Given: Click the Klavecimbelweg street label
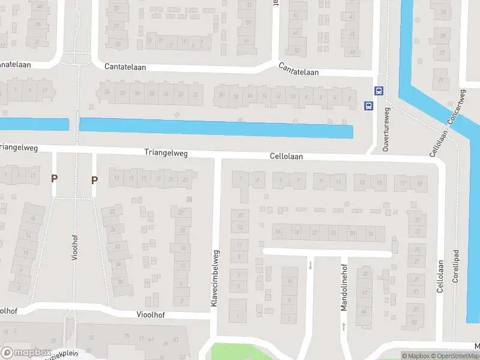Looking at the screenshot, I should click(214, 280).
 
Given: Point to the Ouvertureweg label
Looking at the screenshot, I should click(386, 129).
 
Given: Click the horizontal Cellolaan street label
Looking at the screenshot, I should click(286, 156).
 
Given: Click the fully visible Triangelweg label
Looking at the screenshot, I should click(166, 153).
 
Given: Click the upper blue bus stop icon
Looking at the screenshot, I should click(379, 91).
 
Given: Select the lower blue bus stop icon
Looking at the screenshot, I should click(368, 106).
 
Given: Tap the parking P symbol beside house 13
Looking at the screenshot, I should click(94, 179).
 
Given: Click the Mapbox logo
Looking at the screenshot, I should click(25, 353).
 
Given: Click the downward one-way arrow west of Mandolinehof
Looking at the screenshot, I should click(310, 265).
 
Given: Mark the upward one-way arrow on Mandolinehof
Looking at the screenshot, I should click(344, 327).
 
